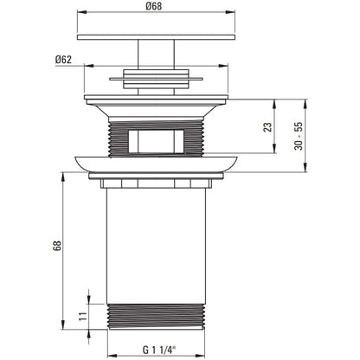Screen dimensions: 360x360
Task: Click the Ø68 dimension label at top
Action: pyautogui.click(x=154, y=6)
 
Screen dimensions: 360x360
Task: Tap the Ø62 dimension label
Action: pyautogui.click(x=63, y=60)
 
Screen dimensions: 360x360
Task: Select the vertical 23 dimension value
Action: pyautogui.click(x=267, y=127)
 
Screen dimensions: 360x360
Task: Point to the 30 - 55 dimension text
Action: pyautogui.click(x=299, y=136)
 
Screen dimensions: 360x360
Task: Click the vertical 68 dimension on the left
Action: pyautogui.click(x=57, y=246)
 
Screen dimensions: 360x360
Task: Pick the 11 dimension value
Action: pyautogui.click(x=83, y=317)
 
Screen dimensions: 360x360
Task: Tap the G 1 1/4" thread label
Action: pyautogui.click(x=159, y=350)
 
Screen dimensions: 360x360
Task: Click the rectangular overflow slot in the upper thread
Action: pyautogui.click(x=156, y=141)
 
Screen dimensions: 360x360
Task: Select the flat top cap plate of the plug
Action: pyautogui.click(x=156, y=37)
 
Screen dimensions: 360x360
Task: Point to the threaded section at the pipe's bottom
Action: pyautogui.click(x=156, y=316)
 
